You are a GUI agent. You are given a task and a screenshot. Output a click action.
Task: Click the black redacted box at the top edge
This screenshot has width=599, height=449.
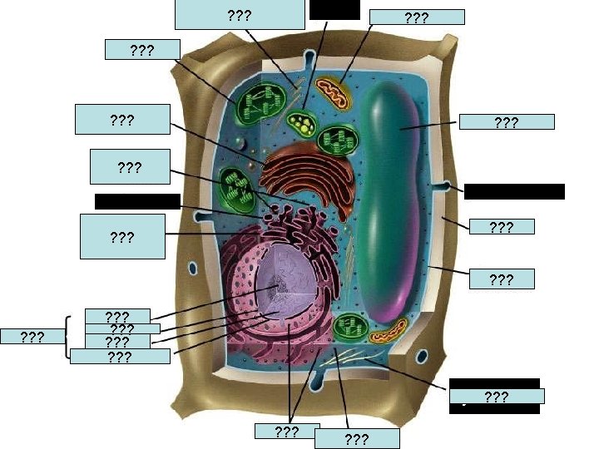click(x=334, y=10)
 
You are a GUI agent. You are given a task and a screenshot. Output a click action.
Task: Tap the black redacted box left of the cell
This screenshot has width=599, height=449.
click(x=137, y=200)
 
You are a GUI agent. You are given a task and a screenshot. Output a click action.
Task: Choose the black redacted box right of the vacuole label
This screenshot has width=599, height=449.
click(x=514, y=191)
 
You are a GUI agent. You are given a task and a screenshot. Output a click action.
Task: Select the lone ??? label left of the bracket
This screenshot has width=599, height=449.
click(x=32, y=337)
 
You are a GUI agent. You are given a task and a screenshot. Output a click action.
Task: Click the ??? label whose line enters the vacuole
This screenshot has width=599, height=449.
click(x=507, y=122)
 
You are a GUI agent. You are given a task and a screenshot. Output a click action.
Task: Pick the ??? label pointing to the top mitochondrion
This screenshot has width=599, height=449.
click(x=416, y=17)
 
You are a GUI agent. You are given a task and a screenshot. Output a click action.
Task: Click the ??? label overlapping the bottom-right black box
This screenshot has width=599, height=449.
click(x=497, y=397)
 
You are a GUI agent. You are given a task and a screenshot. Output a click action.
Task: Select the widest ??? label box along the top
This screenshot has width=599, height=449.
click(x=240, y=14)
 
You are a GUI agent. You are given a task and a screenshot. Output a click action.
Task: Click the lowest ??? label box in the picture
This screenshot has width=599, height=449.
click(x=357, y=438)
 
